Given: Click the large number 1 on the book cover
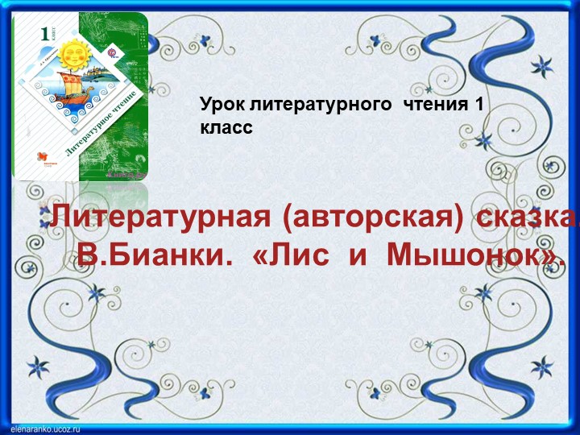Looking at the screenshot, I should pyautogui.click(x=44, y=33).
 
